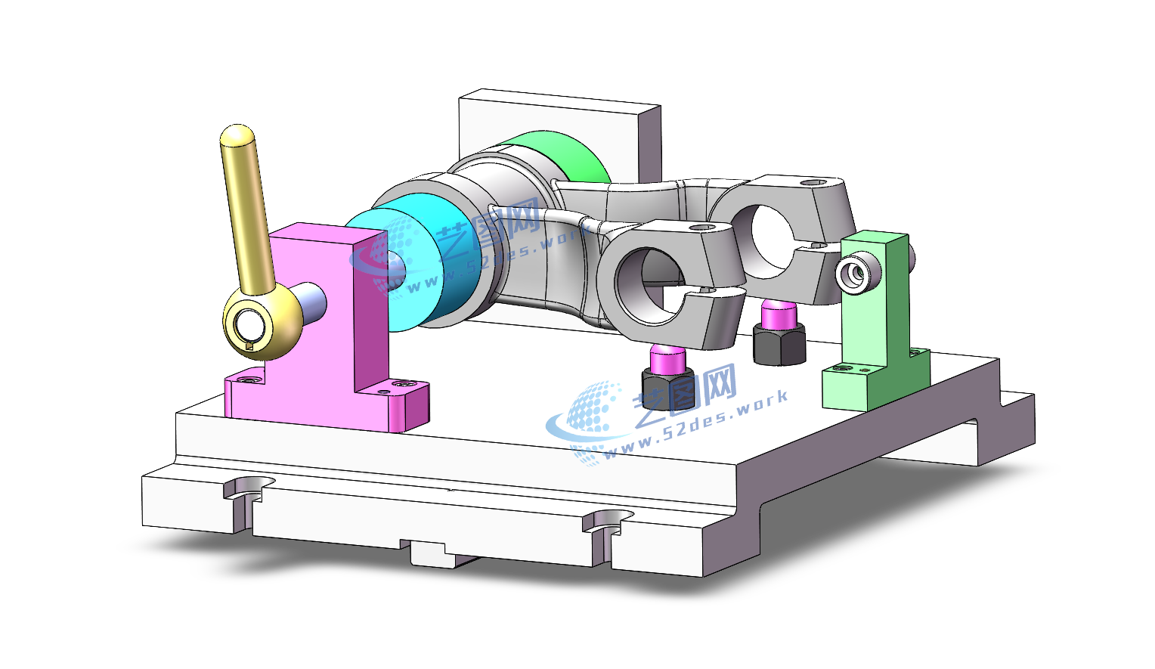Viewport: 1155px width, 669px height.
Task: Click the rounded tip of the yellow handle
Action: (x=237, y=134)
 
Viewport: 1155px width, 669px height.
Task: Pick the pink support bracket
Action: (x=325, y=330)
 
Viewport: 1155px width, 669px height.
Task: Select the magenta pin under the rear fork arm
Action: (x=779, y=314)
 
